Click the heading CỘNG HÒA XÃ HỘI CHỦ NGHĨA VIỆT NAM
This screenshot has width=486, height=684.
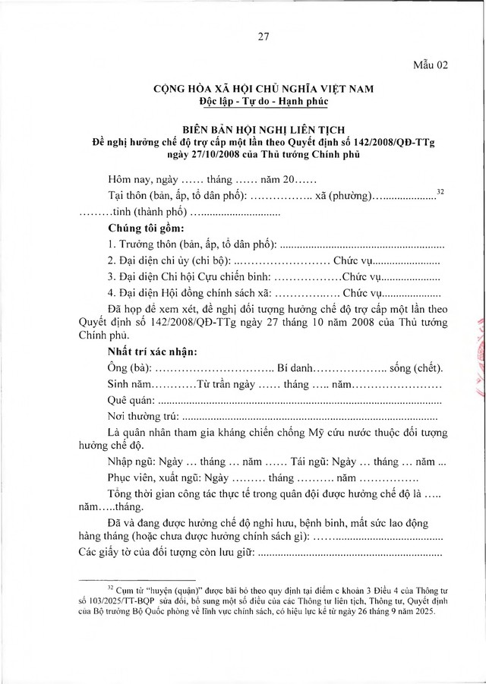(242, 89)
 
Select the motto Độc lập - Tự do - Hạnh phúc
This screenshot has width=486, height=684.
(242, 101)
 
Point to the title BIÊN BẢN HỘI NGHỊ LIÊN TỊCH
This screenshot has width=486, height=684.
(242, 128)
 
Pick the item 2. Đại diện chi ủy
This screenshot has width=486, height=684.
(159, 260)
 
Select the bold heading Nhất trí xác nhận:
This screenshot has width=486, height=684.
(153, 351)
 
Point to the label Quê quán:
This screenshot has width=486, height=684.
(132, 400)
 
